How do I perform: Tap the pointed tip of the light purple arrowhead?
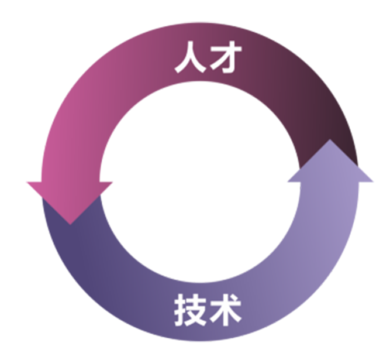331,140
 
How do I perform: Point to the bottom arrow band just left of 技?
146,304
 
